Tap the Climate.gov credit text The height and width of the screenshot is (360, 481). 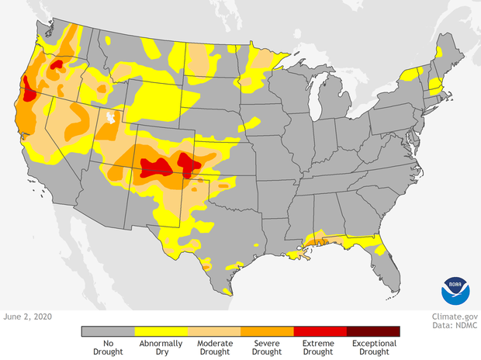tap(453, 317)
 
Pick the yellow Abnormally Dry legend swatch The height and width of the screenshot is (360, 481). tap(161, 331)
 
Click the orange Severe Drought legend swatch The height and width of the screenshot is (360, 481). tap(267, 331)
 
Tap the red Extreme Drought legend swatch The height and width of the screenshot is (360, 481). tap(320, 331)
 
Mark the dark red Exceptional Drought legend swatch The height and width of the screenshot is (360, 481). tap(373, 331)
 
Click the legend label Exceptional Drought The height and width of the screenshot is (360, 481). tap(373, 348)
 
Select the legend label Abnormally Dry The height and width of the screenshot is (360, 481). tap(161, 348)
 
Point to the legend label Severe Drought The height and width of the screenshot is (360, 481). tap(267, 348)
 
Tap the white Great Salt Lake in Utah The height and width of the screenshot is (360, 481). tap(112, 118)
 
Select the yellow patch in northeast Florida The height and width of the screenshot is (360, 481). tap(379, 250)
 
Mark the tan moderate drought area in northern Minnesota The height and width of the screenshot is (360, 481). tap(268, 58)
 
